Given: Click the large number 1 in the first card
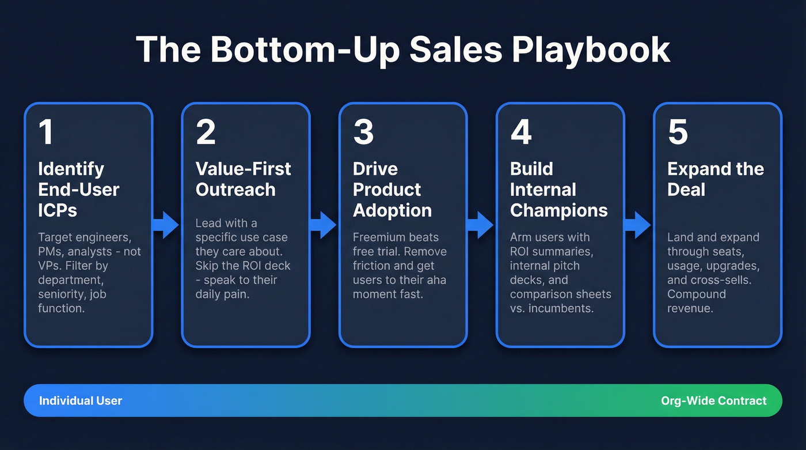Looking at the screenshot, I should click(45, 132).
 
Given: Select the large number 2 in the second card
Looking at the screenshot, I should click(206, 132).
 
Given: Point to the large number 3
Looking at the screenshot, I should click(363, 132).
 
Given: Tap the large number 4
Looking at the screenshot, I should click(521, 132).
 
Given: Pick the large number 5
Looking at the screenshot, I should click(678, 132).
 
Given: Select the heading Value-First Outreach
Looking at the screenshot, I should click(243, 179).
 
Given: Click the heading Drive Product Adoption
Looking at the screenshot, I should click(392, 190).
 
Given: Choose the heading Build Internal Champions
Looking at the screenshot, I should click(558, 190).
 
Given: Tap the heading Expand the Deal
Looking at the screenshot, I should click(715, 179).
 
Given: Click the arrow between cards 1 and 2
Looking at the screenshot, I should click(167, 225).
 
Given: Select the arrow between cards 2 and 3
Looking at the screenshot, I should click(324, 225).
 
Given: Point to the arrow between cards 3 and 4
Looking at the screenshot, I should click(481, 225).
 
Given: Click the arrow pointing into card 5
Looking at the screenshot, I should click(638, 225).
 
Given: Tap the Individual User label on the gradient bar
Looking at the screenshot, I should click(81, 400).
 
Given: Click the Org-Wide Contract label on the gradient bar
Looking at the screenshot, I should click(714, 400).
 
